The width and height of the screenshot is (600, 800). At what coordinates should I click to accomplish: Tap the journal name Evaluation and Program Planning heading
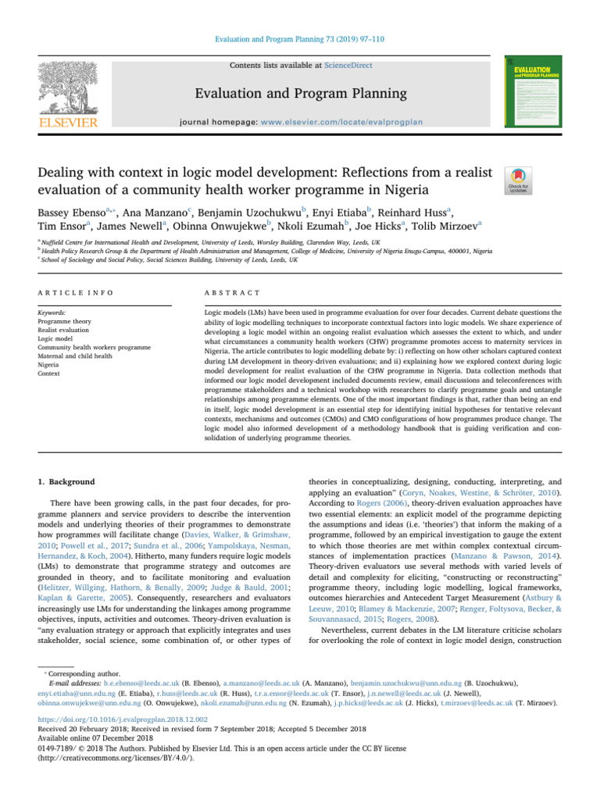(x=300, y=94)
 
